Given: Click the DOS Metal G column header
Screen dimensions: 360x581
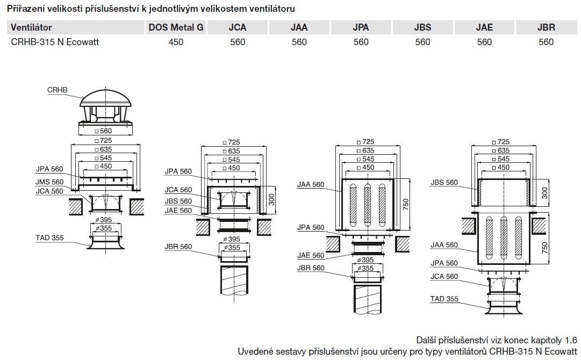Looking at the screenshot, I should click(175, 27).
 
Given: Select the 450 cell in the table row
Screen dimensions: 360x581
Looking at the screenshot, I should click(175, 42).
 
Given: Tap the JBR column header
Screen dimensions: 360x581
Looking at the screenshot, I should click(546, 27).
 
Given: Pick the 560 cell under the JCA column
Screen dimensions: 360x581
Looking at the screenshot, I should click(237, 42).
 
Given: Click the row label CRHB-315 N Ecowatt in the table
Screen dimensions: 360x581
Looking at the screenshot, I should click(55, 42).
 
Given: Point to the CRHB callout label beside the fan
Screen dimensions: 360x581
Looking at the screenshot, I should click(58, 90).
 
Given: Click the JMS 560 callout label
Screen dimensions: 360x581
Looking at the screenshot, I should click(49, 182).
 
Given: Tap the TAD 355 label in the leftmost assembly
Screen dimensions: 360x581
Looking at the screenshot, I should click(49, 237).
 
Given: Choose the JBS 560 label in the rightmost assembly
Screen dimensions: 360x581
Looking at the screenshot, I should click(444, 183).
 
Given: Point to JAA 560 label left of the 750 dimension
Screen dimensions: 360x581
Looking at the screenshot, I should click(311, 185).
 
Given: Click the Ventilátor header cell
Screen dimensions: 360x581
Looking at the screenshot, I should click(32, 27).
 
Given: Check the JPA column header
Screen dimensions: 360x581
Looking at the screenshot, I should click(361, 27).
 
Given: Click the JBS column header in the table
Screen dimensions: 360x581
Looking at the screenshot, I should click(422, 27).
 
